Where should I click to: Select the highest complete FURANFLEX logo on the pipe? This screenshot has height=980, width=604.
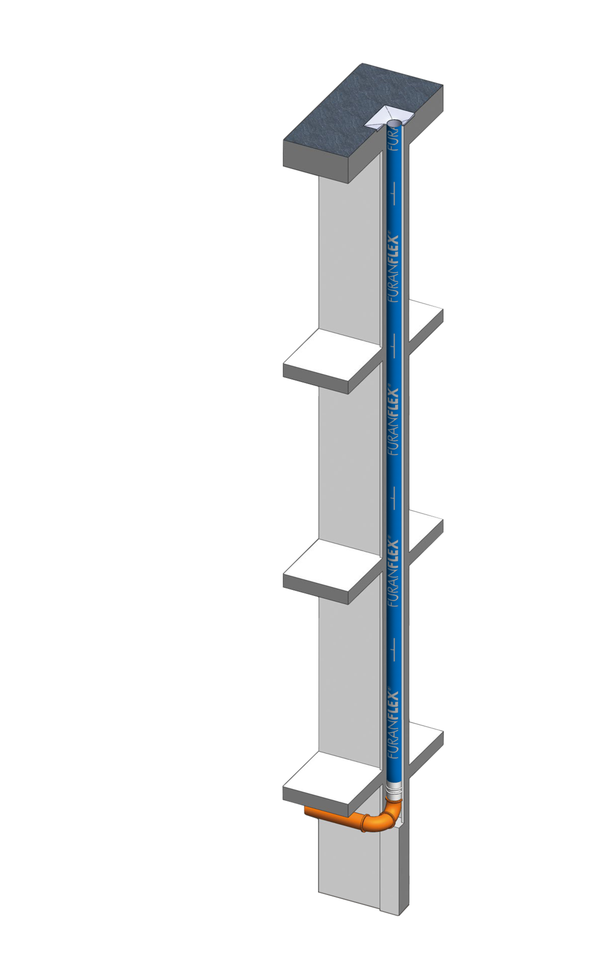click(x=394, y=269)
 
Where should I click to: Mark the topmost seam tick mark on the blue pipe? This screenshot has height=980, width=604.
click(x=394, y=193)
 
